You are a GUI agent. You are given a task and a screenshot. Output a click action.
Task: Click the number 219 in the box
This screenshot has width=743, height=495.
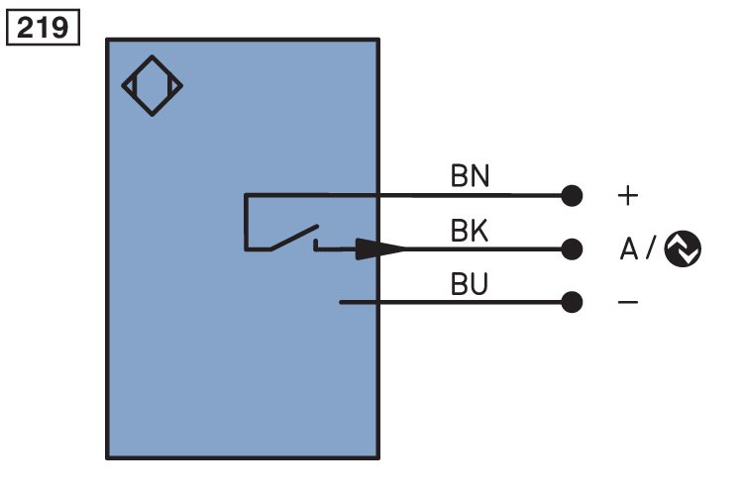[x=43, y=28]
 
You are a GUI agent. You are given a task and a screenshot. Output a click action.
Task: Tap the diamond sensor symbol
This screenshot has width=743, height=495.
[x=153, y=56]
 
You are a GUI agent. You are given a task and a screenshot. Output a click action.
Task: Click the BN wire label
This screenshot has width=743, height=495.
[x=470, y=176]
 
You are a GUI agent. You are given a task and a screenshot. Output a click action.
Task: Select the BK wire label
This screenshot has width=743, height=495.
[x=470, y=231]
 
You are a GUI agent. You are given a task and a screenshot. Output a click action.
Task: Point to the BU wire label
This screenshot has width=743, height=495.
[x=470, y=284]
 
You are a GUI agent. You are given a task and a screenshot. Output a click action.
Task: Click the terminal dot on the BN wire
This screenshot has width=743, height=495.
[x=572, y=196]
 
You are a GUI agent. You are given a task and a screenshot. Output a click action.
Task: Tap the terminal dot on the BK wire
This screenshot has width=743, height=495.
[x=572, y=249]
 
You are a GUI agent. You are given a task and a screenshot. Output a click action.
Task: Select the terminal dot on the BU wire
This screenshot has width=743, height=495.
[x=572, y=302]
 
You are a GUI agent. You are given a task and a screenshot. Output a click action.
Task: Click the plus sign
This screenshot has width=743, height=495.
[x=628, y=196]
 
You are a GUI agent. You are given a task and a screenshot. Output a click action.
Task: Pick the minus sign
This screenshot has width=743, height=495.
[x=628, y=302]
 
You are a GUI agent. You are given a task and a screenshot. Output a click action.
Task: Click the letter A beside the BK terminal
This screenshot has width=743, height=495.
[x=629, y=248]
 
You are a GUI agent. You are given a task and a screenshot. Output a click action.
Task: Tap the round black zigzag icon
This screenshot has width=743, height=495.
[x=683, y=249]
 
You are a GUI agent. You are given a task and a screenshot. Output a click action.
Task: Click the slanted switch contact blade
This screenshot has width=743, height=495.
[x=294, y=238]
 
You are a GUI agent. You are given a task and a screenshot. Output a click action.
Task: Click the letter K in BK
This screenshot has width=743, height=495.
[x=479, y=231]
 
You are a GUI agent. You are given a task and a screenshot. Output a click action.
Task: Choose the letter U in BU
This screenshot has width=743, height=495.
[x=479, y=284]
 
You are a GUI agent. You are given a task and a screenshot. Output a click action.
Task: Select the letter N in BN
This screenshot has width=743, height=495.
[x=480, y=176]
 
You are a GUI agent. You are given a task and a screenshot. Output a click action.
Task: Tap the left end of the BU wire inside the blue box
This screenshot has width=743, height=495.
[x=340, y=302]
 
